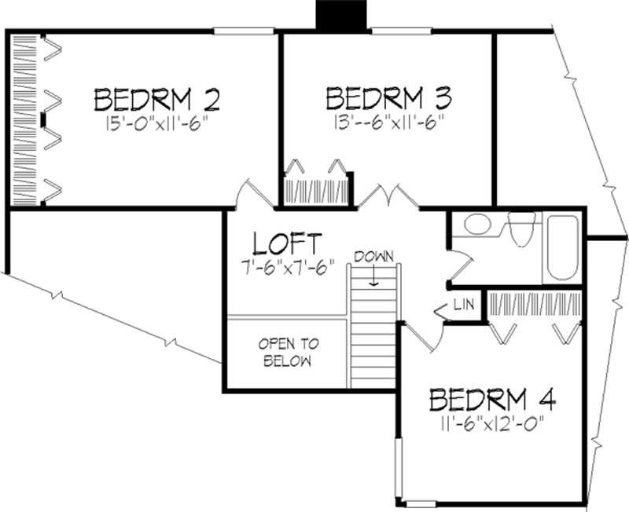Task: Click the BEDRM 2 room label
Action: click(x=156, y=100)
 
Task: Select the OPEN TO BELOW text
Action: click(x=287, y=353)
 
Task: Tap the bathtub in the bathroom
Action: click(x=563, y=247)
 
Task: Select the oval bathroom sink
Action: click(x=477, y=225)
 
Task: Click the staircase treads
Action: click(x=373, y=338)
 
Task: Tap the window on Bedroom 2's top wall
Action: click(x=236, y=31)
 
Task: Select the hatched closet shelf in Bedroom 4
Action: click(x=535, y=302)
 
